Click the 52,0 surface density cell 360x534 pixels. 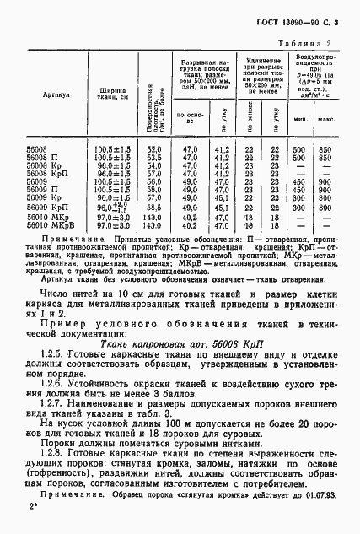[153, 149]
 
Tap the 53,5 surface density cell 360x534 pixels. [153, 158]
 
